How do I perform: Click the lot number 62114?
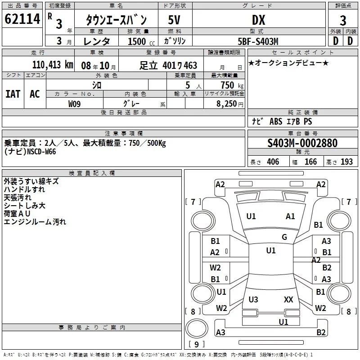tap(22, 19)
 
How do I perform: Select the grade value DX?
tap(258, 20)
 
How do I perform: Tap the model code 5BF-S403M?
tap(258, 41)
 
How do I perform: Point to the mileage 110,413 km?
tap(53, 65)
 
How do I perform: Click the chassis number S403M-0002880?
tap(302, 143)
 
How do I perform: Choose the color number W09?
tap(74, 104)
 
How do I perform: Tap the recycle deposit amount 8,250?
tap(226, 103)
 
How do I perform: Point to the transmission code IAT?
tap(13, 94)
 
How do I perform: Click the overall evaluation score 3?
tap(343, 20)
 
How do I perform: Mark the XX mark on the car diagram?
tap(288, 299)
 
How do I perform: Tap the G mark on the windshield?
tap(284, 237)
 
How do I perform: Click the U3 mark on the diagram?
tap(253, 299)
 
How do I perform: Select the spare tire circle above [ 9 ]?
tap(197, 328)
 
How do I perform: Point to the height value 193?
tap(346, 162)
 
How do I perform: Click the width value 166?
tap(310, 162)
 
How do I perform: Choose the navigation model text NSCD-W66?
tap(41, 152)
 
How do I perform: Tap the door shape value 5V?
tap(174, 20)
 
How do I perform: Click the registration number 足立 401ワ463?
tap(168, 65)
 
